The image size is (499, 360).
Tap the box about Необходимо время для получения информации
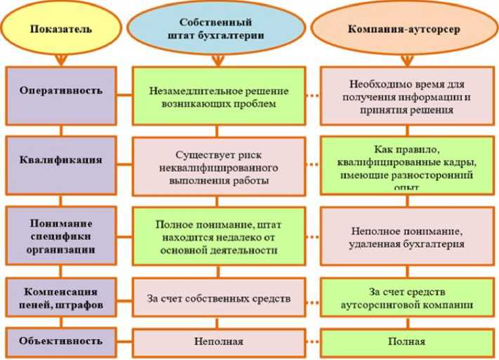[x=406, y=96]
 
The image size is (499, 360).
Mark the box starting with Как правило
[x=406, y=166]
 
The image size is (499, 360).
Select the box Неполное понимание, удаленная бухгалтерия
[x=406, y=237]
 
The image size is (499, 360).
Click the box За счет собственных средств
[x=218, y=298]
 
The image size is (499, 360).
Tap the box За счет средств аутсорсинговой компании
[x=406, y=298]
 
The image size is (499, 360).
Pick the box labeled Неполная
[x=219, y=342]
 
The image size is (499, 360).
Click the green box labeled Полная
[x=406, y=342]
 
